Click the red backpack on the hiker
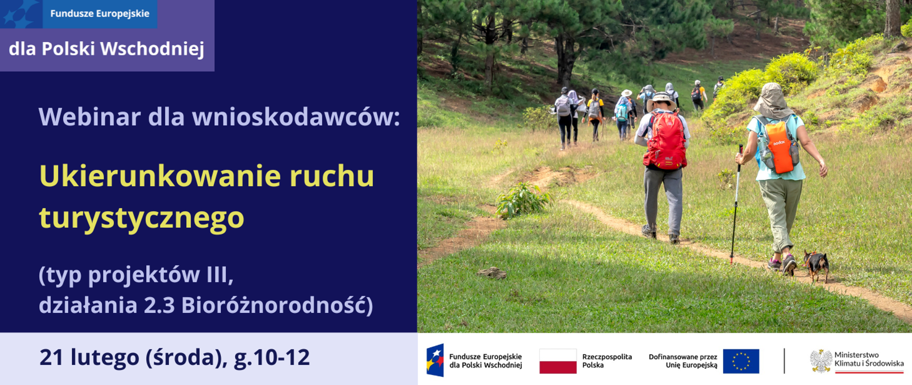pos(666,141)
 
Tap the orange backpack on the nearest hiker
pos(779,148)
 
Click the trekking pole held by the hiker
pos(736,204)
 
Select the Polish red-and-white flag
pos(558,361)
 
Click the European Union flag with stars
pos(741,361)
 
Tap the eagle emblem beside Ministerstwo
pos(821,361)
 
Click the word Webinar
pos(89,117)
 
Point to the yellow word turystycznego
pos(142,218)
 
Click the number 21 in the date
pos(51,357)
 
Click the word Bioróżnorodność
pos(277,305)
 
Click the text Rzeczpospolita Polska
pos(607,361)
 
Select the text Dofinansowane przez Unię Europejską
pos(683,361)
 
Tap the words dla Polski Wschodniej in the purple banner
pos(106,49)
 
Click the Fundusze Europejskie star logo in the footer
pos(435,360)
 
